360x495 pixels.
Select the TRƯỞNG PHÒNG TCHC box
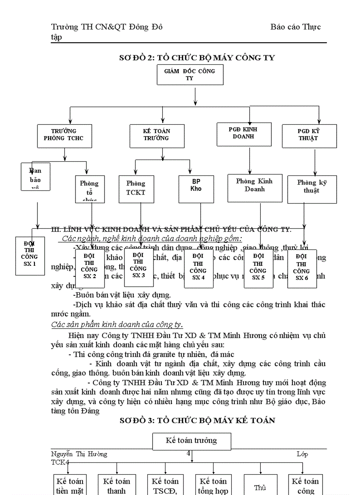(x=65, y=135)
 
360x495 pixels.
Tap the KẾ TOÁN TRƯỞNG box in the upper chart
(x=156, y=135)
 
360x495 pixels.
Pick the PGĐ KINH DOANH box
(x=243, y=133)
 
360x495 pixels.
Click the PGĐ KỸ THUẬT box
(x=308, y=135)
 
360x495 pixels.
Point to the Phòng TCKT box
(x=135, y=188)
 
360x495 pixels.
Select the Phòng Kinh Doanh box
(x=255, y=187)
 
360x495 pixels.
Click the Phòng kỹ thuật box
(x=311, y=189)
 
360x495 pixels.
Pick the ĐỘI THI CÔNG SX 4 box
(x=199, y=268)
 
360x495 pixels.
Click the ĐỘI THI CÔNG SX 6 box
(x=302, y=268)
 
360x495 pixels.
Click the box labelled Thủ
(x=260, y=485)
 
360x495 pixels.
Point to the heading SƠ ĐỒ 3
(x=197, y=421)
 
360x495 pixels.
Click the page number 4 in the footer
(x=188, y=454)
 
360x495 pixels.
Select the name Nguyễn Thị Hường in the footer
(x=79, y=454)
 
